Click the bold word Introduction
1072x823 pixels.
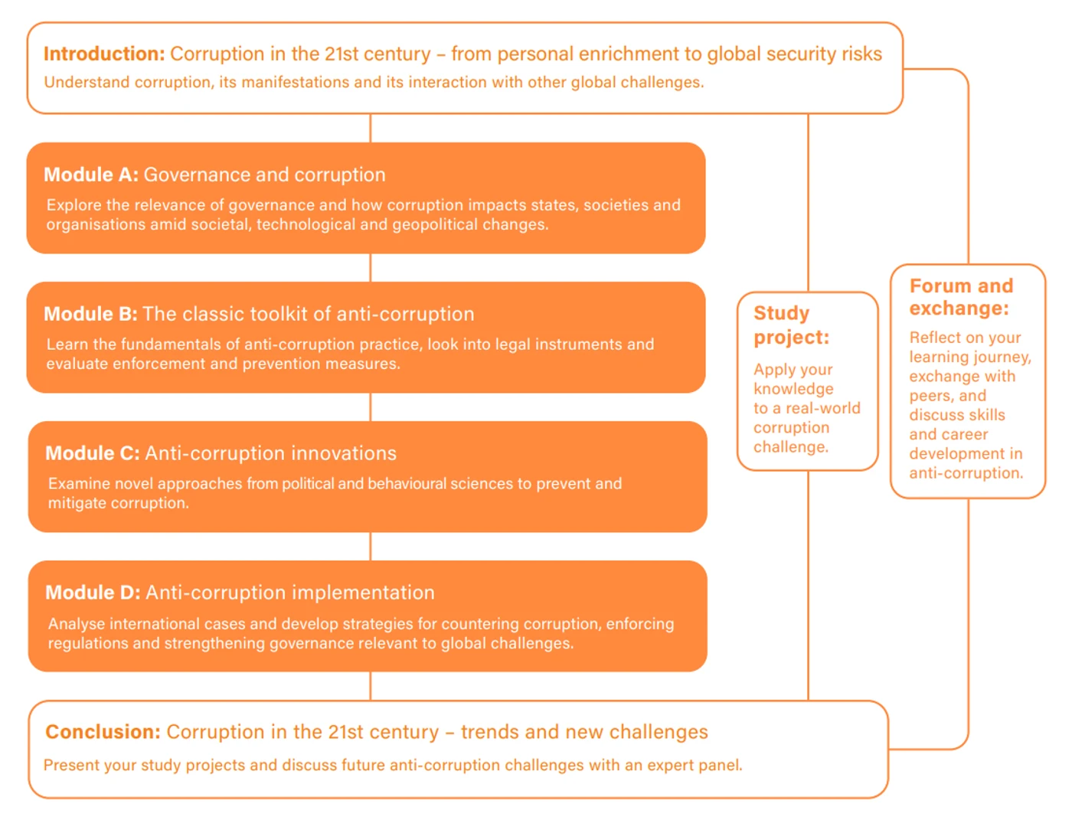(104, 54)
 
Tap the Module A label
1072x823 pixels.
(91, 175)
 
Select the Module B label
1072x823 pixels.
(91, 314)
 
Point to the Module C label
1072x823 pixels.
(93, 453)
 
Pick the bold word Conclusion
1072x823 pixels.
(103, 732)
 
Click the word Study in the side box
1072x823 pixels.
(782, 314)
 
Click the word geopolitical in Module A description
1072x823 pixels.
(435, 225)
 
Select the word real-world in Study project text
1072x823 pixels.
(823, 408)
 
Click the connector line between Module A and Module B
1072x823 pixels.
(371, 268)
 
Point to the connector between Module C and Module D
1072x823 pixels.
(371, 547)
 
